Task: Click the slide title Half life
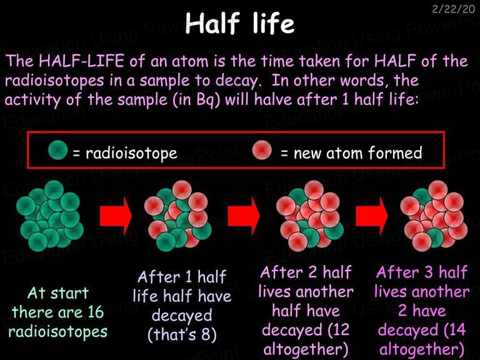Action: tap(240, 23)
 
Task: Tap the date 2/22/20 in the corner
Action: tap(453, 9)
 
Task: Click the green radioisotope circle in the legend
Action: tap(58, 150)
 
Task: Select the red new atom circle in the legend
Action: tap(262, 150)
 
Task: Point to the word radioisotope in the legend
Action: tap(131, 153)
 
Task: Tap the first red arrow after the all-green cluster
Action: tap(116, 216)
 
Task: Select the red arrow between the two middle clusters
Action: tap(244, 216)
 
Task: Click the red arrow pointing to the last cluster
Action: tap(372, 216)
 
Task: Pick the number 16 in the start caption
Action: tap(95, 312)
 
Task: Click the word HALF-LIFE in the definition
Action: tap(81, 61)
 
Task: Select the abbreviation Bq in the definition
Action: tap(204, 100)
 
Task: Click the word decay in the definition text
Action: tap(236, 81)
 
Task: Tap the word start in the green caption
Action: tap(69, 293)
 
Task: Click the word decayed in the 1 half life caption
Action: tap(182, 315)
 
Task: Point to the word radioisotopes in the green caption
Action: tap(58, 332)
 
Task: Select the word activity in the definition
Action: tap(33, 100)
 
